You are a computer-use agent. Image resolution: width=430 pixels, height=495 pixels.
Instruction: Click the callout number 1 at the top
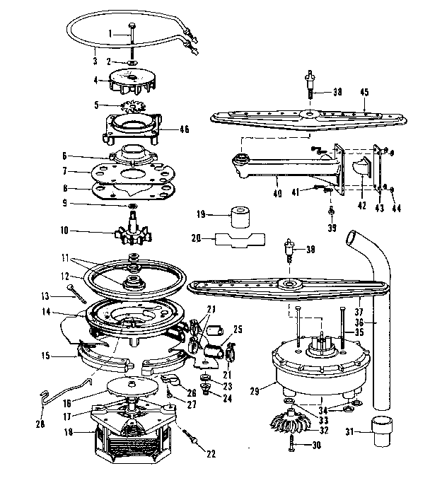(111, 33)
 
